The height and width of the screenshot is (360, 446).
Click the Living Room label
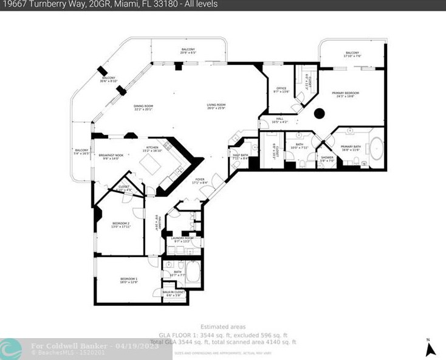point(216,106)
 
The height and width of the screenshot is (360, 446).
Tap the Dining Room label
point(143,107)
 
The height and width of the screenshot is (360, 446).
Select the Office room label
point(281,89)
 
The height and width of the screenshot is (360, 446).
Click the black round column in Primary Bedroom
point(318,112)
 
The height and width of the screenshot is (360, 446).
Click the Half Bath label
point(241,156)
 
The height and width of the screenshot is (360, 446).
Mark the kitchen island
point(150,165)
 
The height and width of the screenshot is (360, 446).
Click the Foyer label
point(199,181)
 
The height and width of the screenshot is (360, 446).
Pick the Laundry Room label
point(182,239)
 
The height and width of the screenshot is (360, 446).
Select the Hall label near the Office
point(280,120)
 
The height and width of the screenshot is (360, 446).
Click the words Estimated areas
point(223,327)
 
